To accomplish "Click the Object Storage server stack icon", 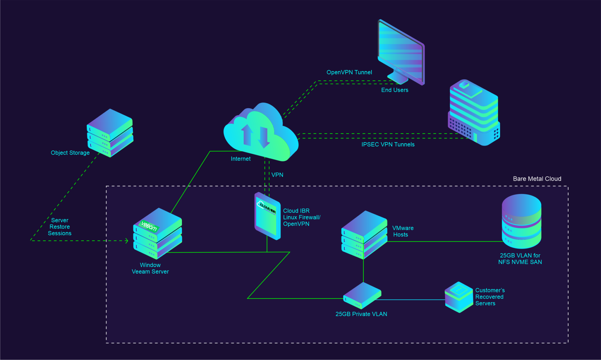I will (110, 133).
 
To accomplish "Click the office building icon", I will (474, 113).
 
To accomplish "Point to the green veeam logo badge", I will (149, 226).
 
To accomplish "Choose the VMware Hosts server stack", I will (364, 235).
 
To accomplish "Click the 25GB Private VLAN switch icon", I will (362, 295).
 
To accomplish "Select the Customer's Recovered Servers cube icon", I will (459, 297).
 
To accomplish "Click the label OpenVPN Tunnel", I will (349, 72).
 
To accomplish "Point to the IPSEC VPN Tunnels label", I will (388, 145).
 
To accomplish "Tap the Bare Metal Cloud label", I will (537, 179).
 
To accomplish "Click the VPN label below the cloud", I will (277, 175).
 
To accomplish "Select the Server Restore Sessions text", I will (60, 227).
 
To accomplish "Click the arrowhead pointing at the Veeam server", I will (127, 241).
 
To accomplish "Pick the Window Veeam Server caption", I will (150, 268).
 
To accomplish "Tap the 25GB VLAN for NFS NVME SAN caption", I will (520, 259).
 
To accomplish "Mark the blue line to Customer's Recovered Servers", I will (411, 300).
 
